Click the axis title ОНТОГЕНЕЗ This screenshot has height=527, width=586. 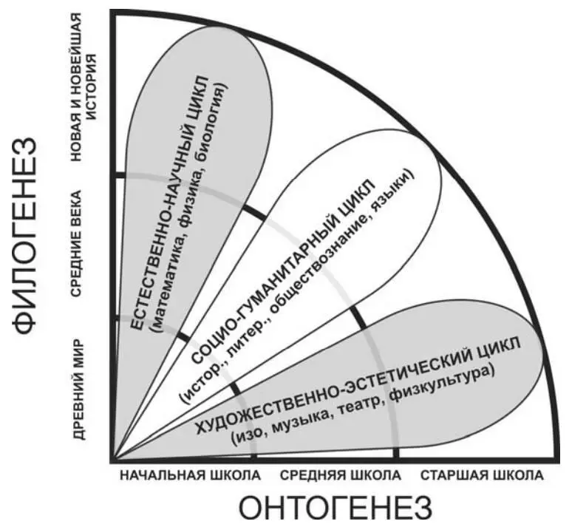(335, 508)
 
